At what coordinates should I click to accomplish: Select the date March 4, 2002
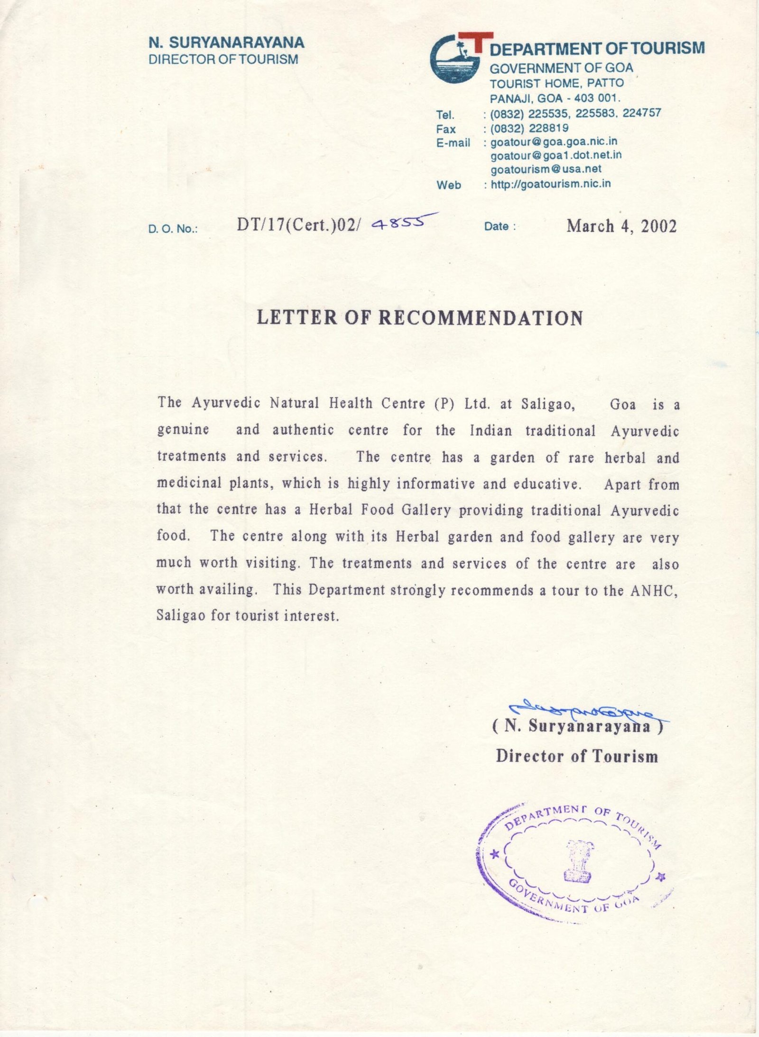(x=621, y=226)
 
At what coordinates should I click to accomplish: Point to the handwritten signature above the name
(x=583, y=708)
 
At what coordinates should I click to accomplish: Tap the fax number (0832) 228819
(x=529, y=128)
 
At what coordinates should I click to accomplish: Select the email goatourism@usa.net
(x=546, y=169)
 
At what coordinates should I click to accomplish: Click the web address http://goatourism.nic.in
(x=551, y=184)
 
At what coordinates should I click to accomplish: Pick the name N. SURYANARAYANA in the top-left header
(x=226, y=43)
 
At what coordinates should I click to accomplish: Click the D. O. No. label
(x=173, y=229)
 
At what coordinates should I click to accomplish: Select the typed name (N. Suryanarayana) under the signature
(x=577, y=726)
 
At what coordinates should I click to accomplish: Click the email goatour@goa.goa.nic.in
(x=554, y=141)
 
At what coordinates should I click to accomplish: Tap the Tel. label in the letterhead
(x=445, y=114)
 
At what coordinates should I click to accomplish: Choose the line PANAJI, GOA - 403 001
(x=555, y=99)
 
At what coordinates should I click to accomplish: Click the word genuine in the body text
(x=183, y=430)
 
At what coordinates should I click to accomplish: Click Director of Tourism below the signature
(x=577, y=756)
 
